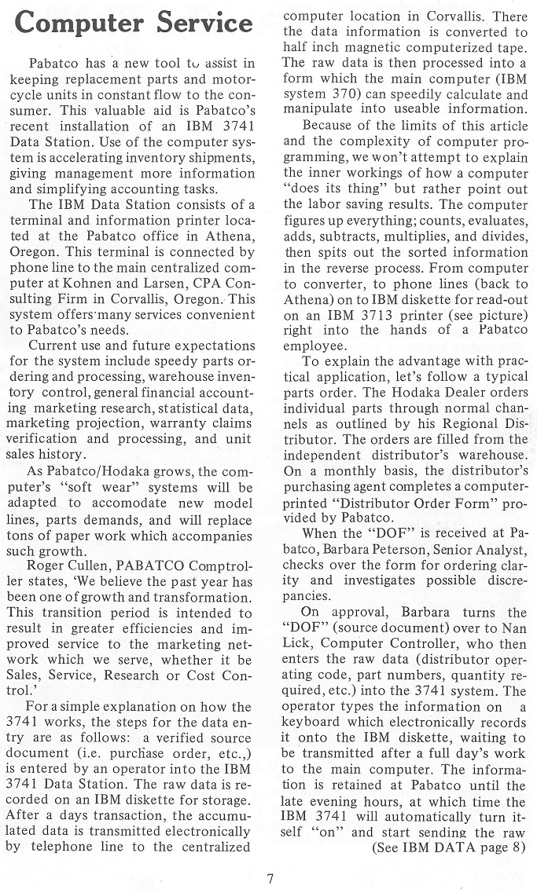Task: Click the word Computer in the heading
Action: coord(79,23)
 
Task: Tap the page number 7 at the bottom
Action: coord(269,878)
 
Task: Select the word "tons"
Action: coord(24,536)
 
